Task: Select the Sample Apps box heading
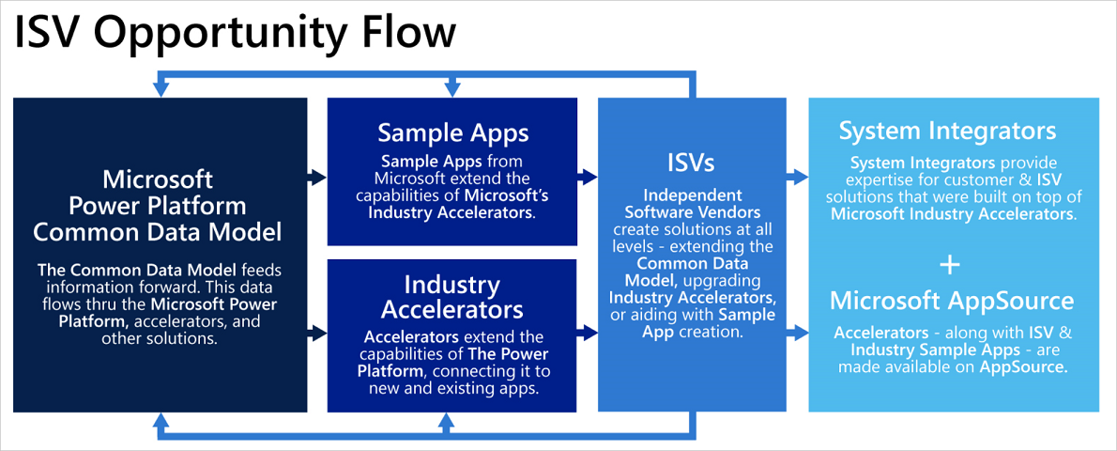452,132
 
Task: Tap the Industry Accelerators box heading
451,297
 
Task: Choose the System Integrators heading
947,131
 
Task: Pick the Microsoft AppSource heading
952,301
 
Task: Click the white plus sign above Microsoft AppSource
951,266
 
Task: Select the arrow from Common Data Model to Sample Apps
316,176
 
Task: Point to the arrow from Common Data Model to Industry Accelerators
316,332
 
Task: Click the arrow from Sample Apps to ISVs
588,176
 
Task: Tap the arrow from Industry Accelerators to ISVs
588,332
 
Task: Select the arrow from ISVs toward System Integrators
797,176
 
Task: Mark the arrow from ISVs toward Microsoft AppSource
797,332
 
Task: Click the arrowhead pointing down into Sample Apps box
452,87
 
